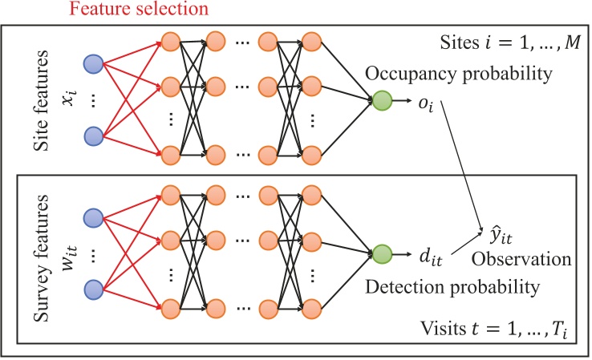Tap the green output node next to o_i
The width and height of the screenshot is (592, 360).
[382, 101]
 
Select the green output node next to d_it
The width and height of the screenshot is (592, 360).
[382, 253]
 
